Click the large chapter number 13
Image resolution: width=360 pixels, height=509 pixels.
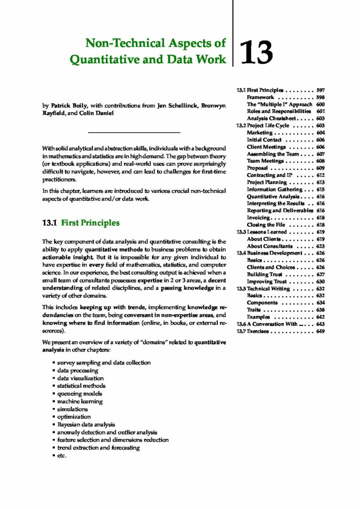(257, 53)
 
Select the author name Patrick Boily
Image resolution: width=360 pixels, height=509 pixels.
(67, 105)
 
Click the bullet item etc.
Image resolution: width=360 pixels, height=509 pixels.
(62, 455)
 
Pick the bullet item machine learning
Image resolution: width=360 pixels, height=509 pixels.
(80, 401)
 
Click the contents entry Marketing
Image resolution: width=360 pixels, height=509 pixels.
(260, 133)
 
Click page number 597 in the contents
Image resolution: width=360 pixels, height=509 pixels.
(320, 90)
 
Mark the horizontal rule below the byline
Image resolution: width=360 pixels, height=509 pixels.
(134, 133)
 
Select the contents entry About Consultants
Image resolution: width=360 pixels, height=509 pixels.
(270, 246)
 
